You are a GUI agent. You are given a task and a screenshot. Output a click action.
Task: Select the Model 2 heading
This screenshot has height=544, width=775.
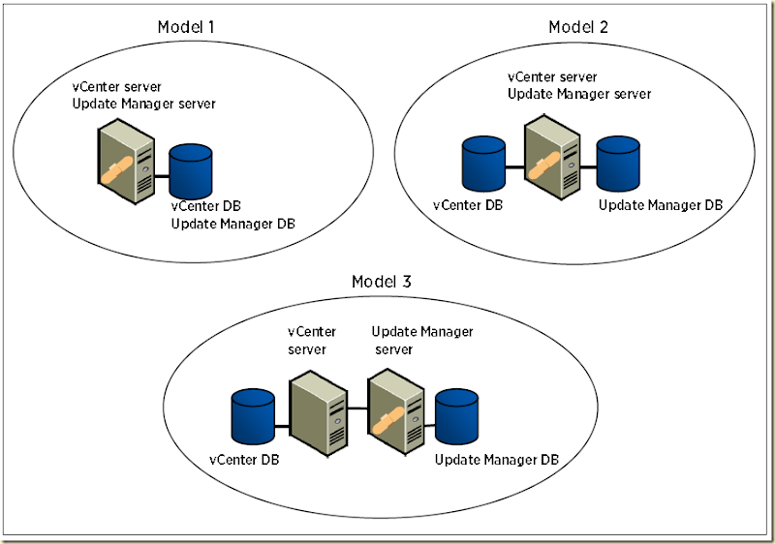pyautogui.click(x=578, y=26)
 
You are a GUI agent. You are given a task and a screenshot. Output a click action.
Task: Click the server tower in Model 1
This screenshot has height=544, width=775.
pyautogui.click(x=127, y=159)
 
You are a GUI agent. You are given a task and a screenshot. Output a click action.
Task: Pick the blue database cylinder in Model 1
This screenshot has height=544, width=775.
pyautogui.click(x=191, y=169)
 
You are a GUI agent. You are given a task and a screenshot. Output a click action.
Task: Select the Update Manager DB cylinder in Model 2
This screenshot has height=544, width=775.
pyautogui.click(x=617, y=162)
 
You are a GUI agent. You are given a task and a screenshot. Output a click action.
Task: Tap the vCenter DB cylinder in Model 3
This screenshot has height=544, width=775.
pyautogui.click(x=253, y=415)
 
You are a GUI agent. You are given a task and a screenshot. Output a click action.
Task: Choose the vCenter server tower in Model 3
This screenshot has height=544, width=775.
pyautogui.click(x=318, y=411)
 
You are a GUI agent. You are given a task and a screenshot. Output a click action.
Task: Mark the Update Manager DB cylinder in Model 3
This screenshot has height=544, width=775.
pyautogui.click(x=457, y=415)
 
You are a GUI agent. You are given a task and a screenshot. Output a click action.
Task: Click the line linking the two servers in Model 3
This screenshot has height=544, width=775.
pyautogui.click(x=357, y=408)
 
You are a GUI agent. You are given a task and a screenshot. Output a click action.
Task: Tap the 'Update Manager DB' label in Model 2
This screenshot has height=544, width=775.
pyautogui.click(x=660, y=205)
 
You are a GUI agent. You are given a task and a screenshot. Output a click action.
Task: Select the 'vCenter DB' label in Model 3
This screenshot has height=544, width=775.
pyautogui.click(x=245, y=459)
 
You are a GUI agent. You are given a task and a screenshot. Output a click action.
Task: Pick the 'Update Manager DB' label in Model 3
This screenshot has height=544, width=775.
pyautogui.click(x=496, y=459)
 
